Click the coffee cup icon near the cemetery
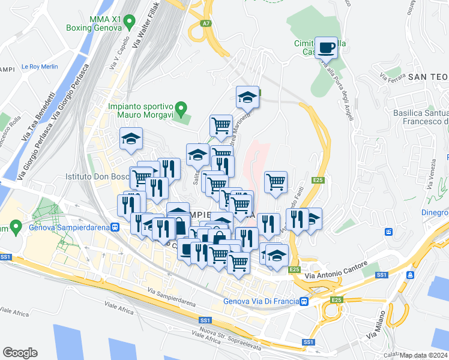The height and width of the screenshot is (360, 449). pyautogui.click(x=327, y=47)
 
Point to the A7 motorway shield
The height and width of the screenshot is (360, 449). pyautogui.click(x=206, y=24)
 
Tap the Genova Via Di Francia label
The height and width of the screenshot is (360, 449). pyautogui.click(x=261, y=301)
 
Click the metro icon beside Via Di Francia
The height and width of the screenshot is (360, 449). pyautogui.click(x=305, y=301)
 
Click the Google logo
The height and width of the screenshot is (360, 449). pyautogui.click(x=20, y=352)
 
